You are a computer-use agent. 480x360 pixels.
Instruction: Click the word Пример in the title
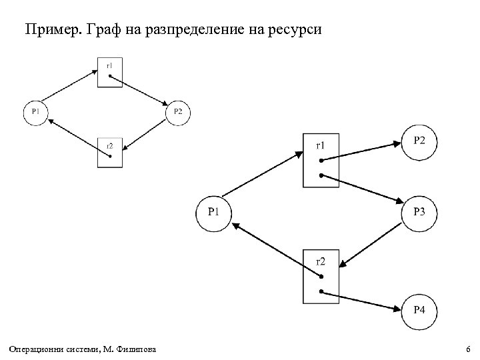tap(49, 29)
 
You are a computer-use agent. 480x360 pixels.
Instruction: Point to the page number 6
tap(468, 350)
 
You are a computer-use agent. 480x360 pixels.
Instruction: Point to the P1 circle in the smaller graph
tap(35, 111)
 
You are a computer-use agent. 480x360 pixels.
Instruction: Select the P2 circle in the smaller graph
tap(178, 111)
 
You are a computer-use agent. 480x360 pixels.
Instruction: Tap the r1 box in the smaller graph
tap(110, 71)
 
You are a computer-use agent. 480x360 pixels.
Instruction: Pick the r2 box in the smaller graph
tap(110, 151)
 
